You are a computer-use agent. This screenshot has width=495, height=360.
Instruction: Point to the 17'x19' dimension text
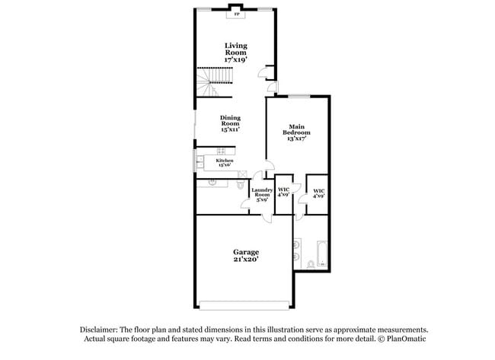[235, 59]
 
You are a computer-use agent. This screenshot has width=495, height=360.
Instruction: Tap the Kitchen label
[224, 161]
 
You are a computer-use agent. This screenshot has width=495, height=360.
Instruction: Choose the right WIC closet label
[319, 193]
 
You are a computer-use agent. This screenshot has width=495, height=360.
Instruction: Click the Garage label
[245, 252]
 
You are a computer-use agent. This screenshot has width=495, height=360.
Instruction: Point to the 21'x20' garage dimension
[245, 260]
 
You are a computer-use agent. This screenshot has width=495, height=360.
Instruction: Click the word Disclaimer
[102, 329]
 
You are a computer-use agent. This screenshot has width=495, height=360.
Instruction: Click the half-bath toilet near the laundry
[241, 185]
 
